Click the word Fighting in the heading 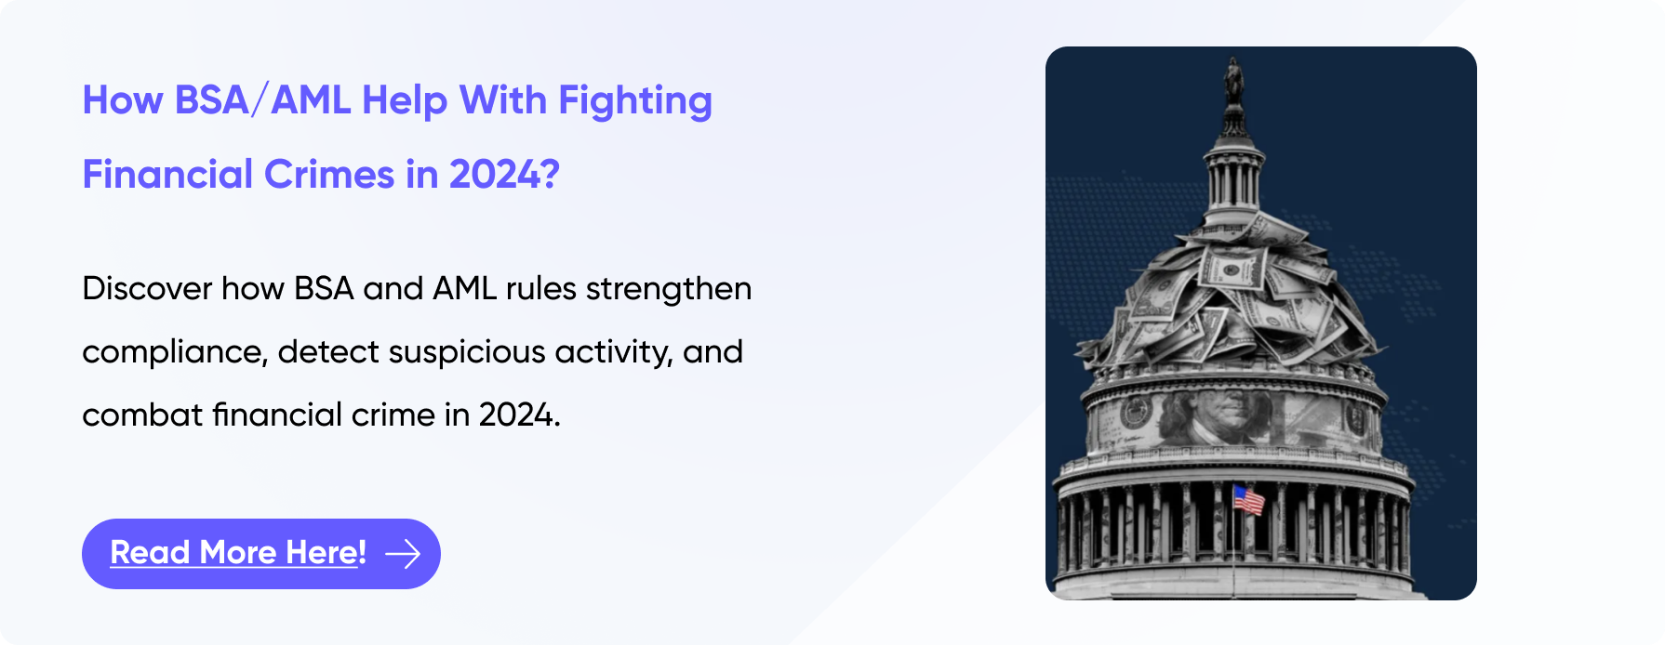click(635, 101)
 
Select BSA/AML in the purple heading click(262, 100)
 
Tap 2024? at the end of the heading click(504, 175)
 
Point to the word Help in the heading click(405, 101)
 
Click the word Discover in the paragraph click(147, 289)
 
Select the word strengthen click(669, 289)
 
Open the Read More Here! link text click(238, 553)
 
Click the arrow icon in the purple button click(403, 554)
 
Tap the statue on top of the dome click(1233, 81)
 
